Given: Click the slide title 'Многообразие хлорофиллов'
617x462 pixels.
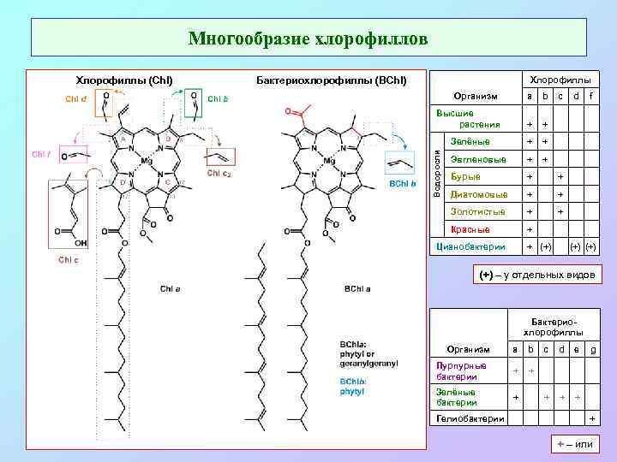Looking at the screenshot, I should pyautogui.click(x=308, y=38).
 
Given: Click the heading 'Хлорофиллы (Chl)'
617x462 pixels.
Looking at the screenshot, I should pyautogui.click(x=125, y=80).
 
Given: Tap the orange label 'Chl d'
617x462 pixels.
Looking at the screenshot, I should pyautogui.click(x=75, y=98).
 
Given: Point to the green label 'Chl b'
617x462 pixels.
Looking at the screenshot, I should pyautogui.click(x=219, y=98).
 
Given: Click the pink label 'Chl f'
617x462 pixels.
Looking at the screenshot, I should pyautogui.click(x=42, y=154).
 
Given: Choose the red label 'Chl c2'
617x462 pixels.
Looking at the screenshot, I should pyautogui.click(x=219, y=172).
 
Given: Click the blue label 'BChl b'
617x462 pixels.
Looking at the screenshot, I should pyautogui.click(x=403, y=183).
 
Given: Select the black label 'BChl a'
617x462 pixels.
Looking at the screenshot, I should pyautogui.click(x=357, y=288).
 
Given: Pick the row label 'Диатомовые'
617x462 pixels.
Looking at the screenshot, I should pyautogui.click(x=479, y=194).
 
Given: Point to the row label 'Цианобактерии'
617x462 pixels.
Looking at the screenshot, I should pyautogui.click(x=472, y=246).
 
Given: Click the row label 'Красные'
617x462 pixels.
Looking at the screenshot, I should pyautogui.click(x=470, y=229).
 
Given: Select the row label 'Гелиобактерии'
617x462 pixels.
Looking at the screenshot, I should pyautogui.click(x=470, y=418).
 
